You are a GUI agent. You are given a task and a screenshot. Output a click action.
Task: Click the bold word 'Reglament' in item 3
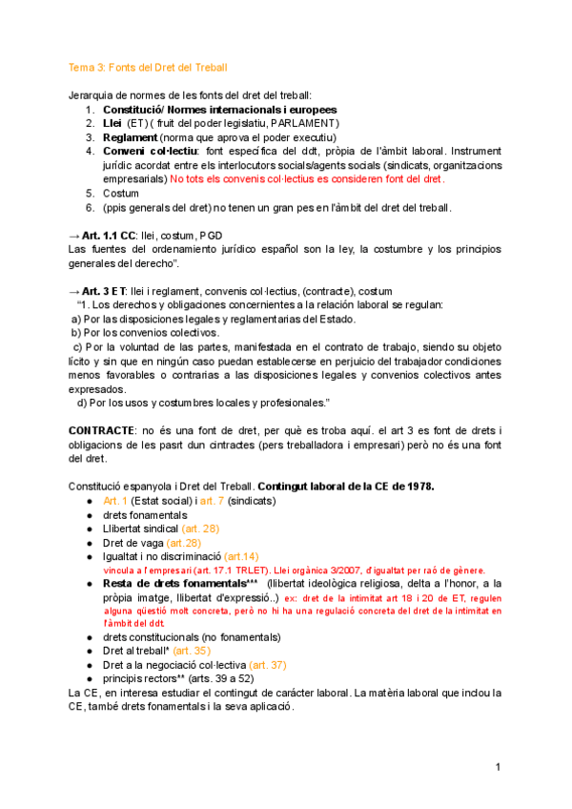coord(130,137)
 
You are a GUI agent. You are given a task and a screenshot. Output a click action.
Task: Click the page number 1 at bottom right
coord(498,768)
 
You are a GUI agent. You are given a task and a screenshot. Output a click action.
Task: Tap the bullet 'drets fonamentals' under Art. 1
coord(145,514)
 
